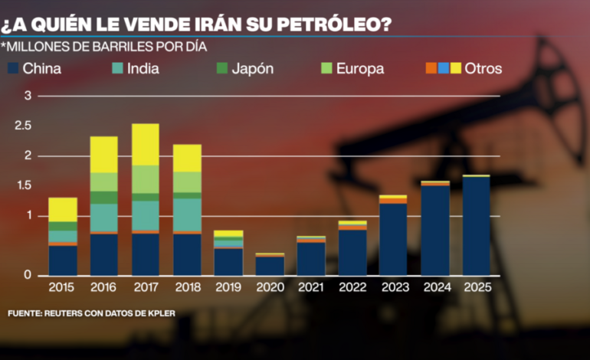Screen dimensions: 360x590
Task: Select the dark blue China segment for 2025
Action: (476, 225)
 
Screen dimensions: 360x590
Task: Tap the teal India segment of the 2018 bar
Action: (187, 214)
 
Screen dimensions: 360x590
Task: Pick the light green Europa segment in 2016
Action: (103, 182)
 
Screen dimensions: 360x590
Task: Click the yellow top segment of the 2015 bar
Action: (63, 209)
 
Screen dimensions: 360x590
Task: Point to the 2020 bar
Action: (269, 265)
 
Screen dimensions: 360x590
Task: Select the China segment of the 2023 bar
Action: (393, 238)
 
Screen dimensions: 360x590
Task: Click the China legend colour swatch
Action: (13, 69)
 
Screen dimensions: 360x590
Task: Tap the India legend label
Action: (144, 69)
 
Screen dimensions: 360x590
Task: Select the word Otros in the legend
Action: (483, 69)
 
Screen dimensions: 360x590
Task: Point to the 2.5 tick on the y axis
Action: (23, 126)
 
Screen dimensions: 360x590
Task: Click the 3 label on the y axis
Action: (28, 96)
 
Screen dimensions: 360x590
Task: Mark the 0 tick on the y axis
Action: (28, 275)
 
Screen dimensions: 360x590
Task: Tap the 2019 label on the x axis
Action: (228, 289)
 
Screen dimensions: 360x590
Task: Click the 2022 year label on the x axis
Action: (352, 289)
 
